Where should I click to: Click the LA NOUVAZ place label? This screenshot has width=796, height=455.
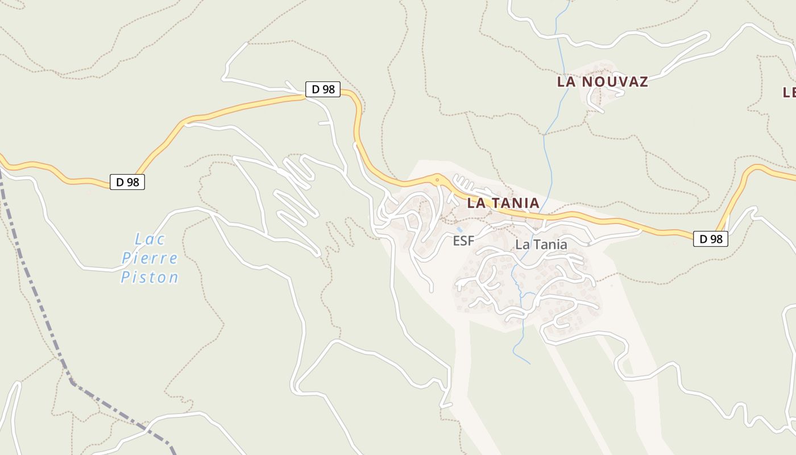click(602, 82)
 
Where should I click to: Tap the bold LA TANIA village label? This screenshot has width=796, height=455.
click(503, 203)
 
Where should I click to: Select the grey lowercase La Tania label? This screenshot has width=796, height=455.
click(541, 245)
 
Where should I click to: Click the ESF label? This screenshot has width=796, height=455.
click(463, 241)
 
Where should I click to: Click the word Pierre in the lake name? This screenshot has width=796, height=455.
click(150, 258)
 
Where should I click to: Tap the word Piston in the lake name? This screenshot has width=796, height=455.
click(150, 278)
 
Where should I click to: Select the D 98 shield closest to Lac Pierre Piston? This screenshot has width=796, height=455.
click(127, 182)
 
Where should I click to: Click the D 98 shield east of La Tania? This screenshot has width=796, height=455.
click(710, 239)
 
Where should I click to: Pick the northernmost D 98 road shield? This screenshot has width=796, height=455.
click(323, 89)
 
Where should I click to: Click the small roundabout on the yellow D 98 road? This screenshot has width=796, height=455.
click(437, 180)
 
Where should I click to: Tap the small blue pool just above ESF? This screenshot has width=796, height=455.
click(459, 229)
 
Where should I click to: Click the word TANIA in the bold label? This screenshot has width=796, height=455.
click(515, 203)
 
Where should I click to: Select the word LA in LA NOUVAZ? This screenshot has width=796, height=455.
click(565, 82)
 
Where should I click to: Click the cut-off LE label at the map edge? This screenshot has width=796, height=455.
click(789, 92)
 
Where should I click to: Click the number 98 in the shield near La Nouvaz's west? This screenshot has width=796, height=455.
click(328, 89)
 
